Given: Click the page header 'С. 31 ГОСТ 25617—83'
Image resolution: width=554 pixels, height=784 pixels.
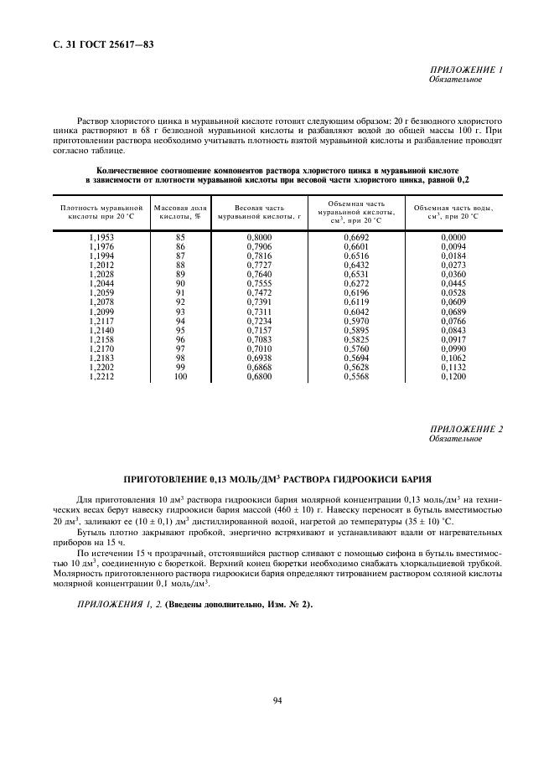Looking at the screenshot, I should click(x=98, y=43).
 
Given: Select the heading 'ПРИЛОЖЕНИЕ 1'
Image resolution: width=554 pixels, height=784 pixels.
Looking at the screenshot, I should click(x=465, y=70).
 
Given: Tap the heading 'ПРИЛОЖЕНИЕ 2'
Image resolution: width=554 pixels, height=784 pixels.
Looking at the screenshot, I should click(x=465, y=429).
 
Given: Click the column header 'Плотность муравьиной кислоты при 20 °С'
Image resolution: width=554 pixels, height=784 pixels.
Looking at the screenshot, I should click(x=95, y=210).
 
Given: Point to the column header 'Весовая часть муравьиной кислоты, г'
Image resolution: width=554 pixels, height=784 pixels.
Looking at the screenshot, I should click(x=259, y=210).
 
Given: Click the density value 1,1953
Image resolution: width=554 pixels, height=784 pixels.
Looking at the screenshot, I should click(x=101, y=238).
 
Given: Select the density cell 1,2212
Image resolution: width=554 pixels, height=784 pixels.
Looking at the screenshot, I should click(x=101, y=378).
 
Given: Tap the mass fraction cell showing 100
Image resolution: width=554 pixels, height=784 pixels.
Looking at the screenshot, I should click(x=179, y=378).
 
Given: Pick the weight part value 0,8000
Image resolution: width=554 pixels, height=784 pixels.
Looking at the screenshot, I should click(x=259, y=238).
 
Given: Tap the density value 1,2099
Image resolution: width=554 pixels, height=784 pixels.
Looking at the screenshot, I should click(x=101, y=312).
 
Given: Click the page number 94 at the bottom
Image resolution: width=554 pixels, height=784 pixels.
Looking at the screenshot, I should click(x=277, y=700).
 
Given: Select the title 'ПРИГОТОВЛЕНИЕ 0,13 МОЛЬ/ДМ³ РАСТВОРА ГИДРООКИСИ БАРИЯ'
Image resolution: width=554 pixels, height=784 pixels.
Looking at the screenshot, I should click(x=277, y=480).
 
